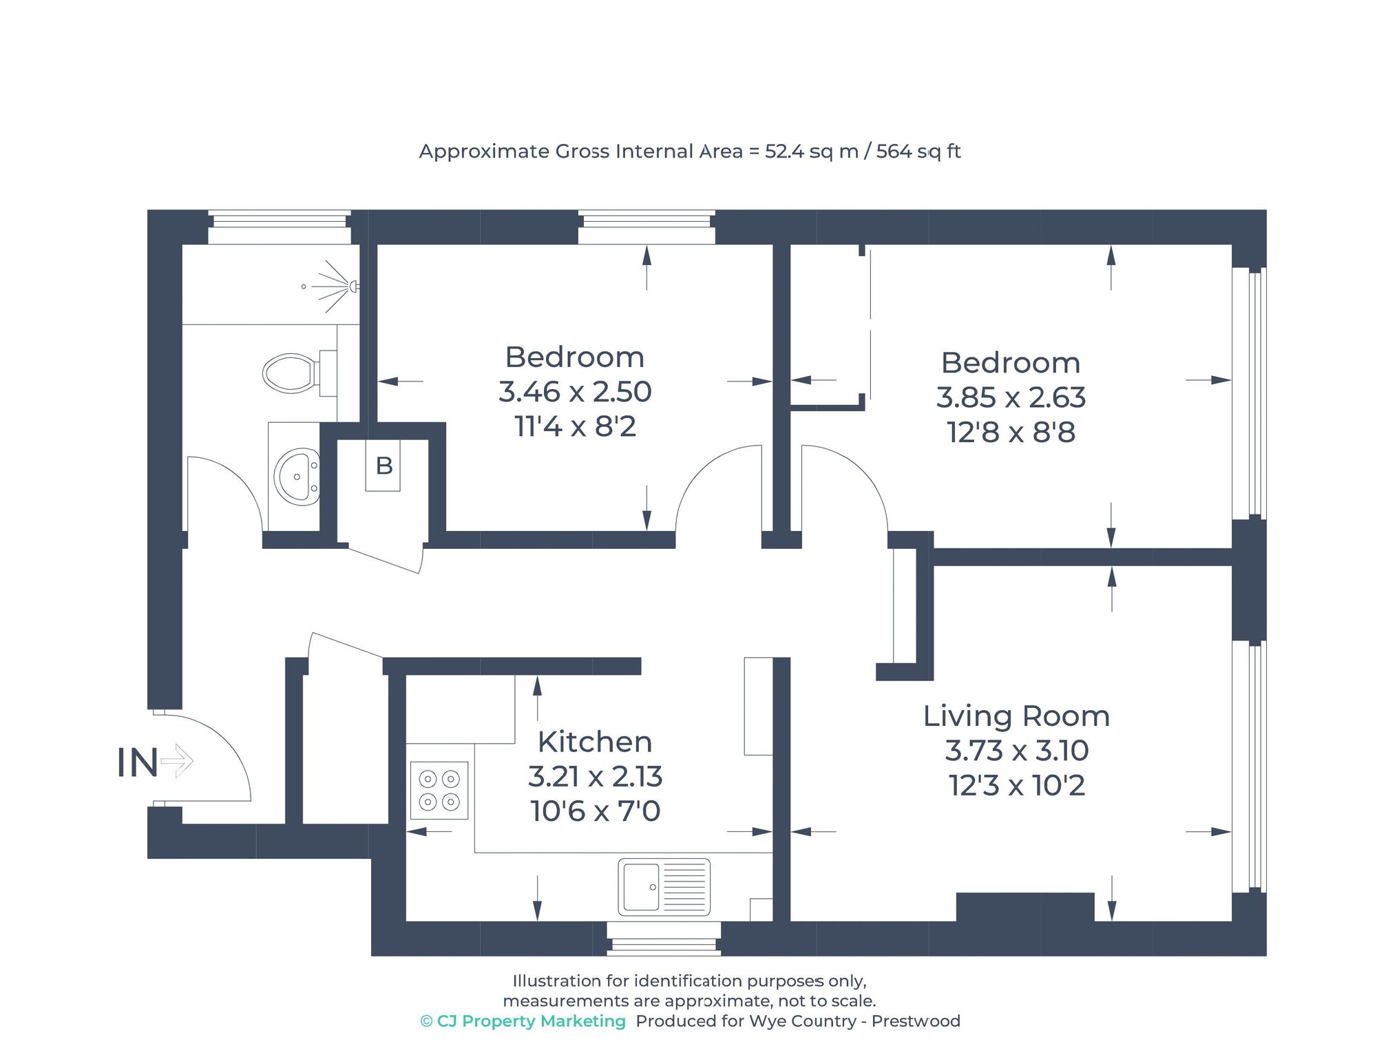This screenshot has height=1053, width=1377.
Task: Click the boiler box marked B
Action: point(383,466)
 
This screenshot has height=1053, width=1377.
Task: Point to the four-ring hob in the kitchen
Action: point(439,791)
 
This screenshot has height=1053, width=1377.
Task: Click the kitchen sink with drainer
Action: point(664,887)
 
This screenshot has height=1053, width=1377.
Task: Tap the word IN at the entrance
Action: point(137,763)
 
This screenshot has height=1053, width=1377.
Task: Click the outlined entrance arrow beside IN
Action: point(178,761)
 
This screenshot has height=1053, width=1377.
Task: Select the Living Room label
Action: point(1016,716)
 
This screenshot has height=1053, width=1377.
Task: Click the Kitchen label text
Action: point(595,742)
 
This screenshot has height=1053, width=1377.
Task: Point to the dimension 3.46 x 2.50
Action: point(575,392)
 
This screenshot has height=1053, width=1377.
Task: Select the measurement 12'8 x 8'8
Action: point(1011,432)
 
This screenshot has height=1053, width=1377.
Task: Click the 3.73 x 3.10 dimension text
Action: point(1016,751)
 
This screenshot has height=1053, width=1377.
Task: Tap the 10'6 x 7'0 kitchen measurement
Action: point(595,811)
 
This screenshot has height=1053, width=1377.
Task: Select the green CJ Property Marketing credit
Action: point(523,1021)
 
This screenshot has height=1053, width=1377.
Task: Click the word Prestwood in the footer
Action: point(916,1021)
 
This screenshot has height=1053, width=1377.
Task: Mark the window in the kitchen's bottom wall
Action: point(664,939)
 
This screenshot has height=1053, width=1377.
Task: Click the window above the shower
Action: point(279,227)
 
